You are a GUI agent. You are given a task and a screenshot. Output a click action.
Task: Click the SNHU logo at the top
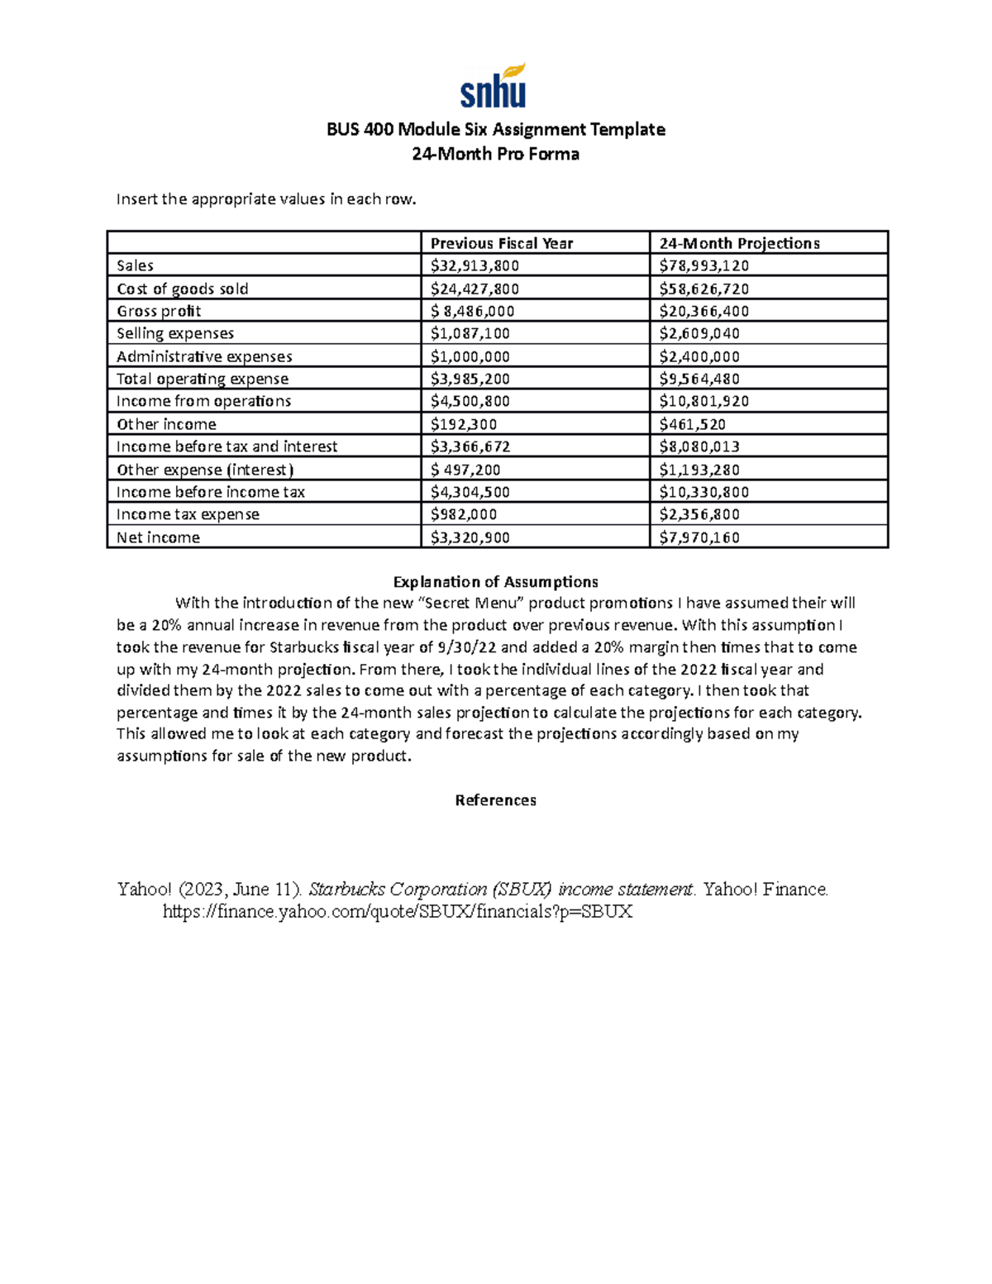[x=494, y=86]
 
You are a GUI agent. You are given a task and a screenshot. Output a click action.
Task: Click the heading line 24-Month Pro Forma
[x=495, y=154]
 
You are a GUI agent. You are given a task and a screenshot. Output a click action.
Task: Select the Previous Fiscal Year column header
[x=501, y=243]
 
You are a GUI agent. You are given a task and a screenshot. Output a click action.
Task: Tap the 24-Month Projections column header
[x=739, y=243]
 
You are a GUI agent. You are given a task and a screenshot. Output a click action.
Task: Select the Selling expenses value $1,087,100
[x=470, y=333]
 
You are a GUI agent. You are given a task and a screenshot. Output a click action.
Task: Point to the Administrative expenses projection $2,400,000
[x=699, y=356]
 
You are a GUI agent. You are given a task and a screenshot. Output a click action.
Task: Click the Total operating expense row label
[x=203, y=379]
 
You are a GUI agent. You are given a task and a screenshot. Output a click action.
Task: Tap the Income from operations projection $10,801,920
[x=703, y=401]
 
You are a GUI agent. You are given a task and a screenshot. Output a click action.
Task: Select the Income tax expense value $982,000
[x=463, y=514]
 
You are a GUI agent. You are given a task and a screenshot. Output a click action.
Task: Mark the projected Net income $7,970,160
[x=699, y=537]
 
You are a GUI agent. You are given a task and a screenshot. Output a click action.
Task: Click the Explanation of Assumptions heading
[x=495, y=581]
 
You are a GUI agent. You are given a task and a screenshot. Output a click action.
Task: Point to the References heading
[x=495, y=800]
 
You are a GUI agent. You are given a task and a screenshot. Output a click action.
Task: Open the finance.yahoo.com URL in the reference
[x=397, y=912]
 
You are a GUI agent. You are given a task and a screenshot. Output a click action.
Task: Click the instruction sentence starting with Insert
[x=266, y=198]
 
